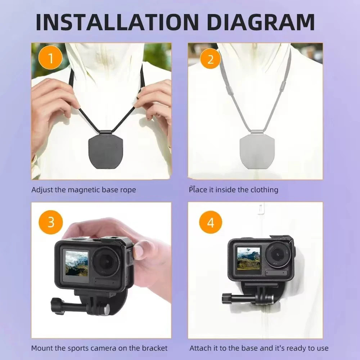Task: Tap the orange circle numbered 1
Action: click(50, 58)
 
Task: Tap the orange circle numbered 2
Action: click(210, 60)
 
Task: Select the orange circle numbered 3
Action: click(51, 222)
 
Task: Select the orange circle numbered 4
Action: click(211, 222)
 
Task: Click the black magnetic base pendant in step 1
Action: click(106, 149)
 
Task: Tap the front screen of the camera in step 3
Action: click(77, 263)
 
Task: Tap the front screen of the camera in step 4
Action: click(248, 258)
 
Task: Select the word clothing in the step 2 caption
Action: click(264, 190)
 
